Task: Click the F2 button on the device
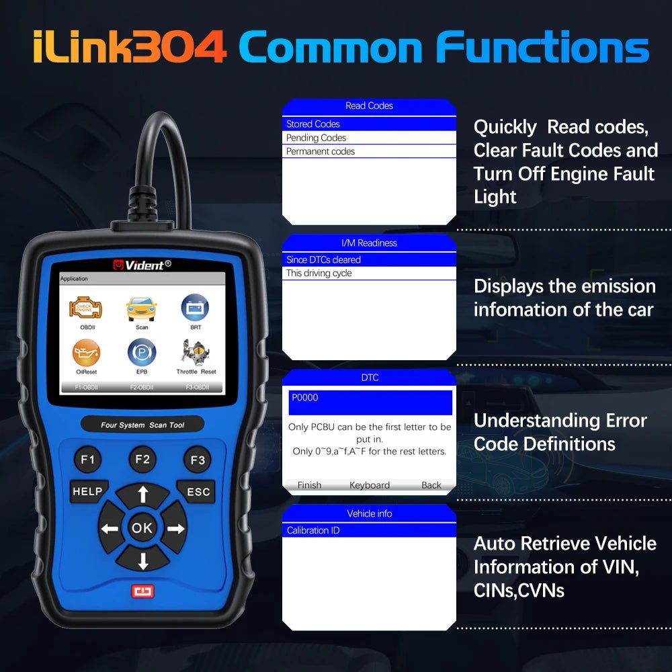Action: [142, 460]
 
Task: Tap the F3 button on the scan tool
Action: [197, 460]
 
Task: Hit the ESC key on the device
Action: [198, 492]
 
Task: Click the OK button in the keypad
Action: [142, 528]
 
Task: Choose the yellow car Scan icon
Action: [142, 308]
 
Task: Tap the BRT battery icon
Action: [195, 308]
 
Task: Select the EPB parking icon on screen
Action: [142, 352]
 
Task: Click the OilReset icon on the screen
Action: [86, 353]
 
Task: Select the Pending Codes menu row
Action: [368, 138]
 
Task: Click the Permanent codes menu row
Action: [368, 151]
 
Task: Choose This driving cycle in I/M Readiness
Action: [368, 274]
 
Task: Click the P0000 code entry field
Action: [370, 402]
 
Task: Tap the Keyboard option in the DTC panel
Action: [369, 485]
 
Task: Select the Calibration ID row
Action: [368, 530]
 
